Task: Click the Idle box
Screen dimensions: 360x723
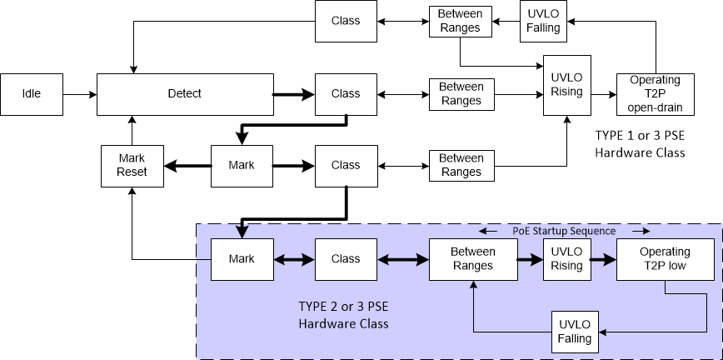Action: click(x=31, y=94)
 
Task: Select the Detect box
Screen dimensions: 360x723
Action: click(x=185, y=94)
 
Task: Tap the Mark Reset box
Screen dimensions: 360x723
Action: click(x=132, y=165)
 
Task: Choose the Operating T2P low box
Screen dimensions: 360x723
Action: click(x=665, y=258)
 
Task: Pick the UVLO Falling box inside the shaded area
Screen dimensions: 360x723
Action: click(x=575, y=331)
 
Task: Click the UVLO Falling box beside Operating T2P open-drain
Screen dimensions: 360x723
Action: click(x=544, y=22)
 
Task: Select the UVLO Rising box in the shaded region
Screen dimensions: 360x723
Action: click(x=566, y=258)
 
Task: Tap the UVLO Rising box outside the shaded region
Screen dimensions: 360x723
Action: click(x=566, y=85)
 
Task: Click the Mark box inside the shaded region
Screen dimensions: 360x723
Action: click(x=242, y=258)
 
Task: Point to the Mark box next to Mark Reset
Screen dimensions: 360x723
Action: click(x=242, y=165)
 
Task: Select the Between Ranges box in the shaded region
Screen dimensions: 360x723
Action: click(x=472, y=258)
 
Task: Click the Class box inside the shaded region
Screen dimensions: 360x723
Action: click(x=345, y=258)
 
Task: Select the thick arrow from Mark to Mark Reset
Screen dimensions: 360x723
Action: click(x=187, y=165)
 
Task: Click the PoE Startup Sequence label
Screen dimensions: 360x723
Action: click(x=563, y=231)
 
